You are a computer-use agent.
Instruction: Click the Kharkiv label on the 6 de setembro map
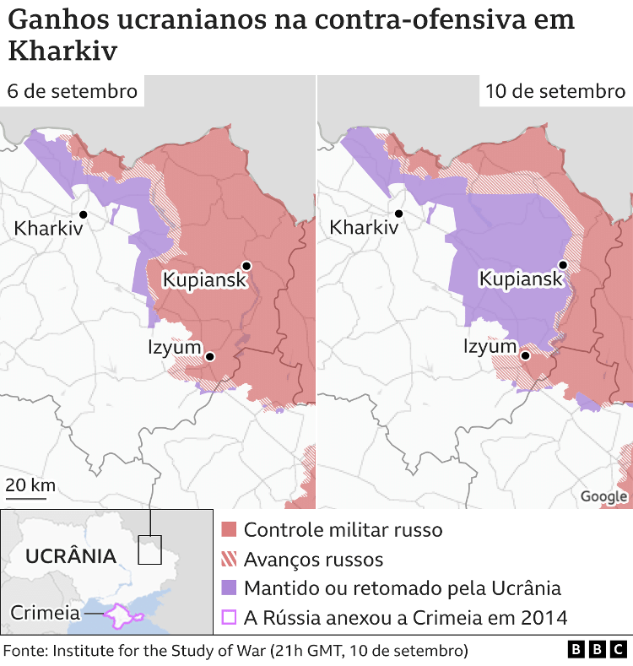click(49, 227)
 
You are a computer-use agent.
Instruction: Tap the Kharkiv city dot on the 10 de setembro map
click(398, 214)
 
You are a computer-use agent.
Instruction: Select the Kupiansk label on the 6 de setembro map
click(205, 279)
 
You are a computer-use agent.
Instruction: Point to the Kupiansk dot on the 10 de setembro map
click(563, 265)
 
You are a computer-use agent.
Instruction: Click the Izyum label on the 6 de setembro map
click(175, 347)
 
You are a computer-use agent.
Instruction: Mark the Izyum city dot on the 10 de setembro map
click(526, 355)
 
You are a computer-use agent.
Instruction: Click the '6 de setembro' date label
click(72, 91)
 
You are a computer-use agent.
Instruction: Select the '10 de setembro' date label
click(555, 91)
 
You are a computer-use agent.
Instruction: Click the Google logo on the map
click(603, 496)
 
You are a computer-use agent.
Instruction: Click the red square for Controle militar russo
click(229, 530)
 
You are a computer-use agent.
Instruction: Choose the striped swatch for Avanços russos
click(229, 559)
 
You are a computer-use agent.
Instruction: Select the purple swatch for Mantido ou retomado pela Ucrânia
click(229, 587)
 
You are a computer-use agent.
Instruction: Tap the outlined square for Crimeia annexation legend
click(229, 617)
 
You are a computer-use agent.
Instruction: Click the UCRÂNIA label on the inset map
click(71, 556)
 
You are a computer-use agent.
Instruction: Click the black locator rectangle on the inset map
click(150, 550)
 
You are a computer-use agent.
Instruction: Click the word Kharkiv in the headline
click(62, 50)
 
